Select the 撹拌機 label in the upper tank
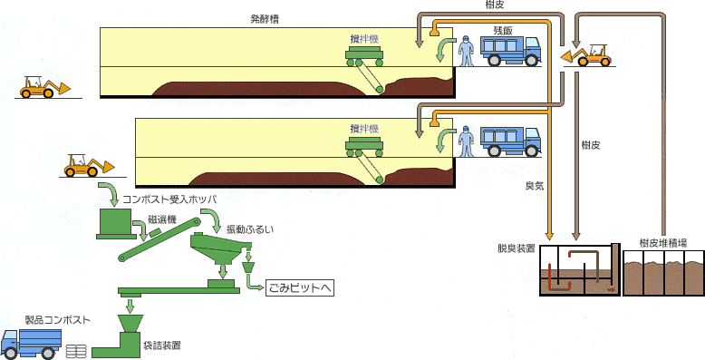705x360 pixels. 364,38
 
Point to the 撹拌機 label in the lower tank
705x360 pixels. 364,129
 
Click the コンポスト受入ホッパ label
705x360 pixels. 163,198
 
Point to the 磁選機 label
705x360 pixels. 161,220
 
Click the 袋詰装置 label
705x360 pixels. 161,345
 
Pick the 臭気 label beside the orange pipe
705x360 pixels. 534,186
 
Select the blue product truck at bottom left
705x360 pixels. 32,342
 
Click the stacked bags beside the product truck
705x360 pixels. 77,348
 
